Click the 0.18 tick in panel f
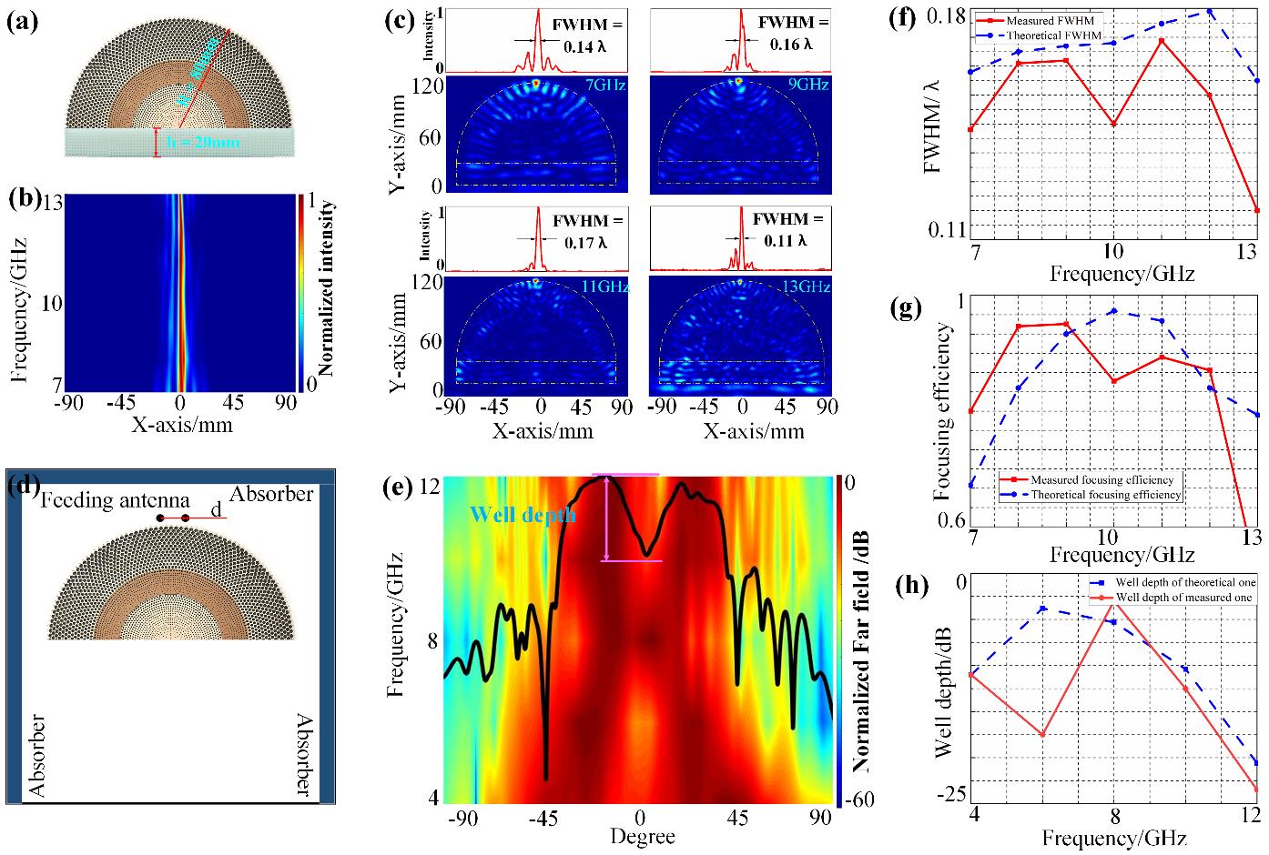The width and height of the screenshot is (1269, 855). point(946,15)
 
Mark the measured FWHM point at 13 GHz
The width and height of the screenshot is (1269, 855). point(1256,210)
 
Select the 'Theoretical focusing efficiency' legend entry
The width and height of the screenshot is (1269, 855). point(1105,495)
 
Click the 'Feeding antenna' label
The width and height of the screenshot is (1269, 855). point(115,499)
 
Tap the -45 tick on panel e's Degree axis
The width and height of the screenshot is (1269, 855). point(544,817)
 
